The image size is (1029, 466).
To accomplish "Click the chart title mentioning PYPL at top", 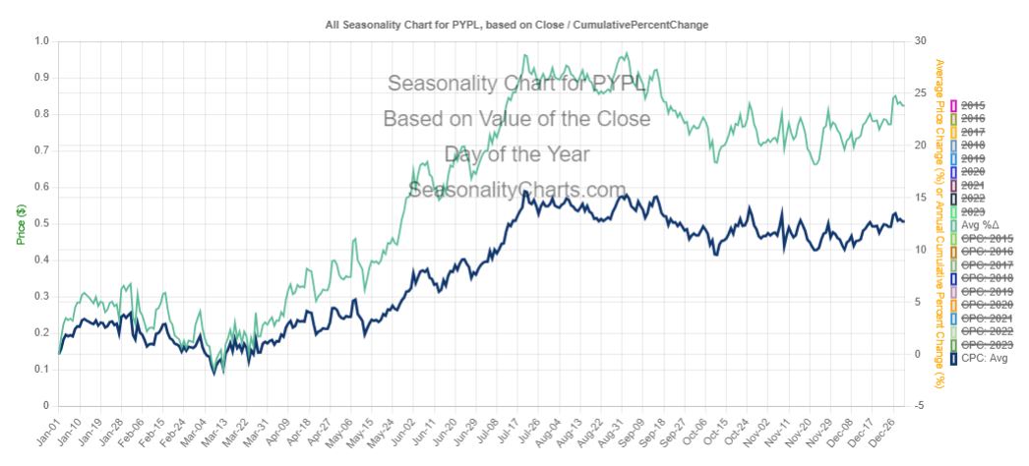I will pyautogui.click(x=516, y=23).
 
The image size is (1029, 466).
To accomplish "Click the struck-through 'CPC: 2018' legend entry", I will pyautogui.click(x=986, y=278).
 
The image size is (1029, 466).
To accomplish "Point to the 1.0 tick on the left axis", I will pyautogui.click(x=40, y=41).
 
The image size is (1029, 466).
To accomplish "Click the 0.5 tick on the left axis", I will pyautogui.click(x=40, y=223).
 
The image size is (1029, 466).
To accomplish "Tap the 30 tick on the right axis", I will pyautogui.click(x=919, y=41).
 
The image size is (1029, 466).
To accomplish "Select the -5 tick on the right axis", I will pyautogui.click(x=917, y=406).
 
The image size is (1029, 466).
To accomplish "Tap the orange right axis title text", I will pyautogui.click(x=939, y=224).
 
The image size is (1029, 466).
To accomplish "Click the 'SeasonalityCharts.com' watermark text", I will pyautogui.click(x=516, y=189).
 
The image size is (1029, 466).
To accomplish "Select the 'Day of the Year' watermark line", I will pyautogui.click(x=516, y=154).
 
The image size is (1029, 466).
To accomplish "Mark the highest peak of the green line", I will pyautogui.click(x=626, y=53).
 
